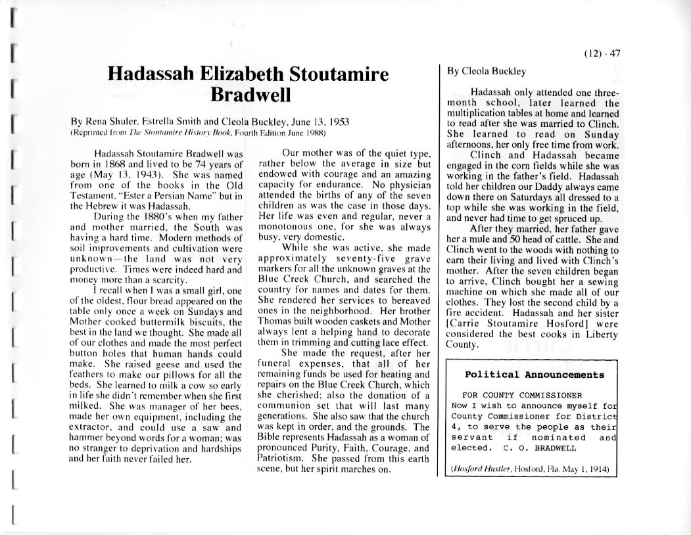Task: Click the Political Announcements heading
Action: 534,375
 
